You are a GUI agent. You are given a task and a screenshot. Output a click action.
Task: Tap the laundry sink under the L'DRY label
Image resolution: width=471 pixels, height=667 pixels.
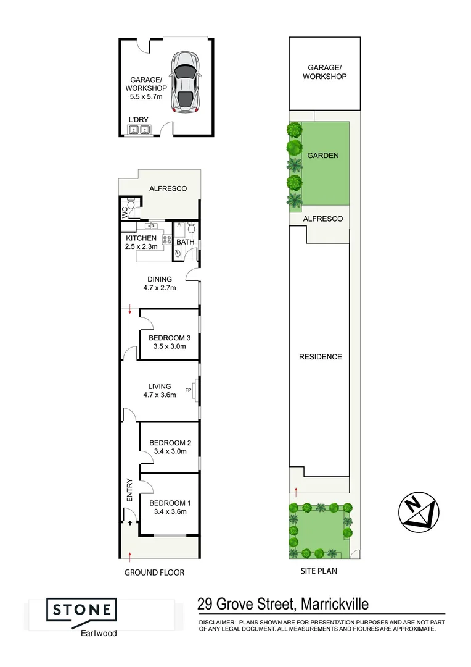[139, 130]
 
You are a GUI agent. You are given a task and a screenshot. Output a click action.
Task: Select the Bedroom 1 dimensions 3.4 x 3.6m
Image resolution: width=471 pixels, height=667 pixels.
[169, 511]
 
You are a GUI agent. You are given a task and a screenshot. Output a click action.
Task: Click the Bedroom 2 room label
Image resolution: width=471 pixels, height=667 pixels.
[169, 443]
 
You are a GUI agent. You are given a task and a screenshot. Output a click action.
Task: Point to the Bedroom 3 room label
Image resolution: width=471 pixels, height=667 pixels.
[170, 338]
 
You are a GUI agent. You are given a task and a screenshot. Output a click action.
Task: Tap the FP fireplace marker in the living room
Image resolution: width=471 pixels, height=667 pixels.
[188, 391]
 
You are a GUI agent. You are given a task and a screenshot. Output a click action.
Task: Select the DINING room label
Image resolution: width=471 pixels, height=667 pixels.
[160, 279]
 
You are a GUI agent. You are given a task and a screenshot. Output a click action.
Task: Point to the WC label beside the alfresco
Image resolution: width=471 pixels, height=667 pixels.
[124, 212]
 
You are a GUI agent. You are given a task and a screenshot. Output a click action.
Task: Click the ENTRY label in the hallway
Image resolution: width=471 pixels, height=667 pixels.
[129, 489]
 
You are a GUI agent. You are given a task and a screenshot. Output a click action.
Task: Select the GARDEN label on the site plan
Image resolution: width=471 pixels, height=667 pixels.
[323, 156]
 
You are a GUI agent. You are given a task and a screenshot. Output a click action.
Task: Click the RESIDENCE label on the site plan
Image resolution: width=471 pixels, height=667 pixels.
[320, 357]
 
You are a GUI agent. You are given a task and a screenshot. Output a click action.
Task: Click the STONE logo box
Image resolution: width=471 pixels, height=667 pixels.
[82, 610]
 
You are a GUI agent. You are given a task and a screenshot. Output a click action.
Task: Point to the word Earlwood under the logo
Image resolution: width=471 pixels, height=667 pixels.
[94, 633]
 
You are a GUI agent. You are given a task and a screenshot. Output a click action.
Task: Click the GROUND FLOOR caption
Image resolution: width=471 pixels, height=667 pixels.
[154, 573]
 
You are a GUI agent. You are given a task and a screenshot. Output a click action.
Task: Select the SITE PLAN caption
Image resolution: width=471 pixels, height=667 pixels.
[318, 571]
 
